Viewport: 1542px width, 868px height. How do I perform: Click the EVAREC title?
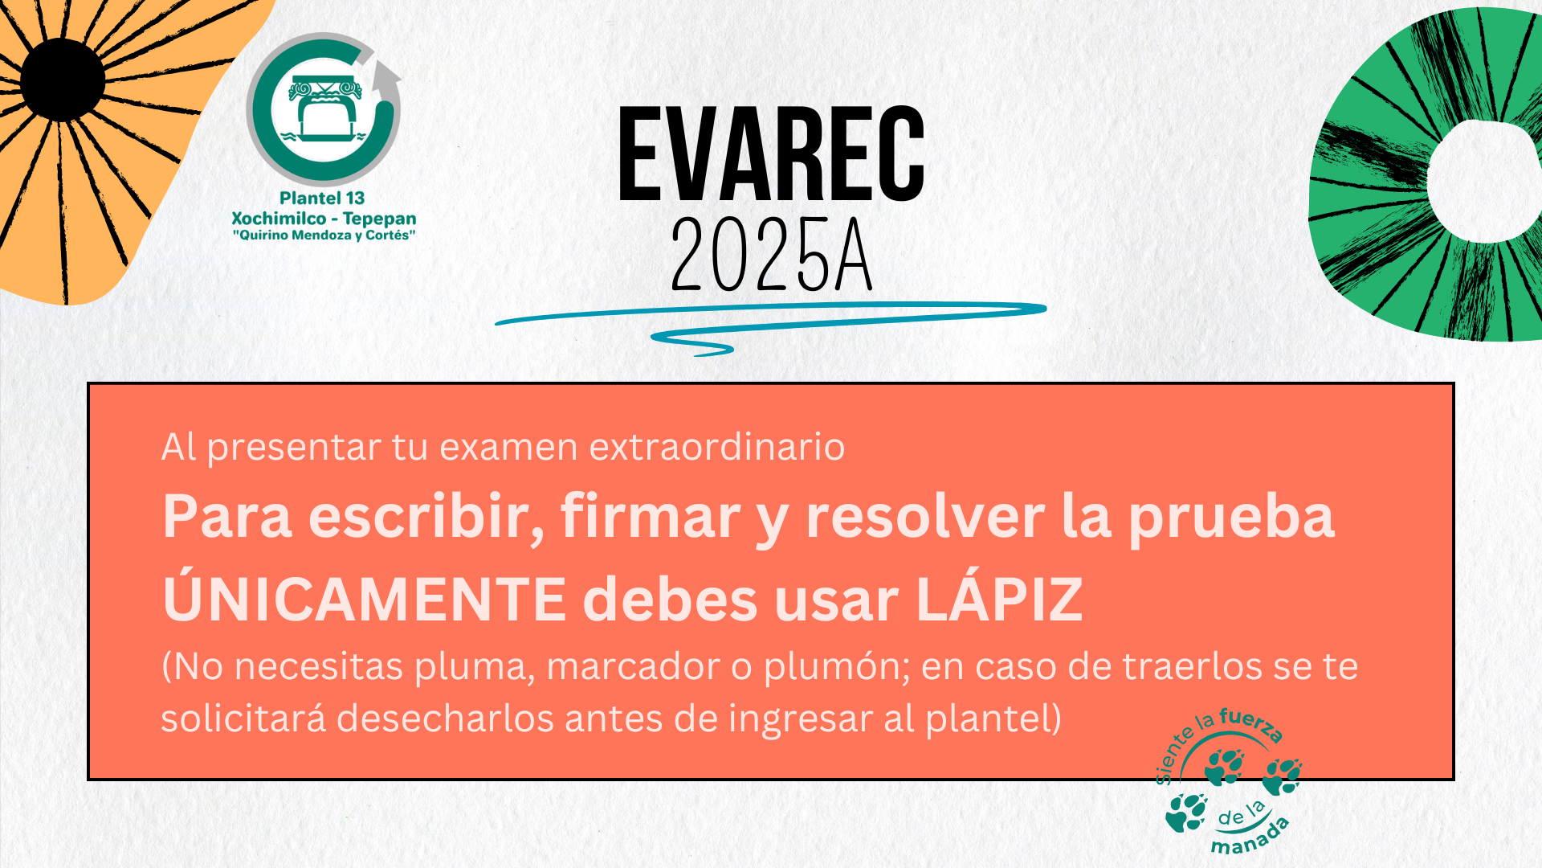click(771, 154)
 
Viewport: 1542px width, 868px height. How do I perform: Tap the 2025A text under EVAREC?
click(771, 253)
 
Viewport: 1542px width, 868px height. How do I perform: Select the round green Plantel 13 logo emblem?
click(324, 109)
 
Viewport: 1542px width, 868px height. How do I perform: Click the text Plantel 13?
click(322, 198)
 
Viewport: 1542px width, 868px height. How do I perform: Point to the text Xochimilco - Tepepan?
click(324, 218)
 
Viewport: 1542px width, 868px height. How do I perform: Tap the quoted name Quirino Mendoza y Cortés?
click(324, 235)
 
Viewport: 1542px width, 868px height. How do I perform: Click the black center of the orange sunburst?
click(63, 80)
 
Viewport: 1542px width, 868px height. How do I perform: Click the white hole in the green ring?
click(1487, 180)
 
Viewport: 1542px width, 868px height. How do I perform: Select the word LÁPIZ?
click(999, 599)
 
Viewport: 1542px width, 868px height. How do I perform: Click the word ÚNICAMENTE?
click(365, 599)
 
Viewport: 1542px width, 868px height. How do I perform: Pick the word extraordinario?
click(716, 447)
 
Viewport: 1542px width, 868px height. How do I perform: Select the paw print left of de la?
click(1186, 812)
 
